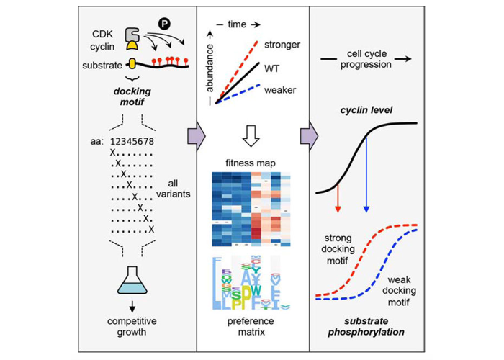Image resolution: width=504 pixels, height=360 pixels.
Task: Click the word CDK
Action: click(x=105, y=34)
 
